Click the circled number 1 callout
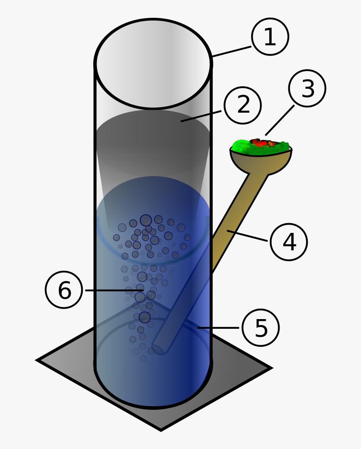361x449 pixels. pos(270,37)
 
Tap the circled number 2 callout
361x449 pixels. pos(243,105)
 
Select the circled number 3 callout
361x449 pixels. pos(307,88)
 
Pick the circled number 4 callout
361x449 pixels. pos(289,242)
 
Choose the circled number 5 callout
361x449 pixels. pos(260,328)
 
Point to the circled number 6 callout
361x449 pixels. pos(64,290)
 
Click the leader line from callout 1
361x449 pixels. pos(231,51)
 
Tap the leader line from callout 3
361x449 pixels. pos(280,120)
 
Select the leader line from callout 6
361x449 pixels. pos(113,290)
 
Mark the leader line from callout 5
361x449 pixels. pos(218,328)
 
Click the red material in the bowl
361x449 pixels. pos(260,143)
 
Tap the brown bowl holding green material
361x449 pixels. pos(261,162)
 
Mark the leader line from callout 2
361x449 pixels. pos(201,116)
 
